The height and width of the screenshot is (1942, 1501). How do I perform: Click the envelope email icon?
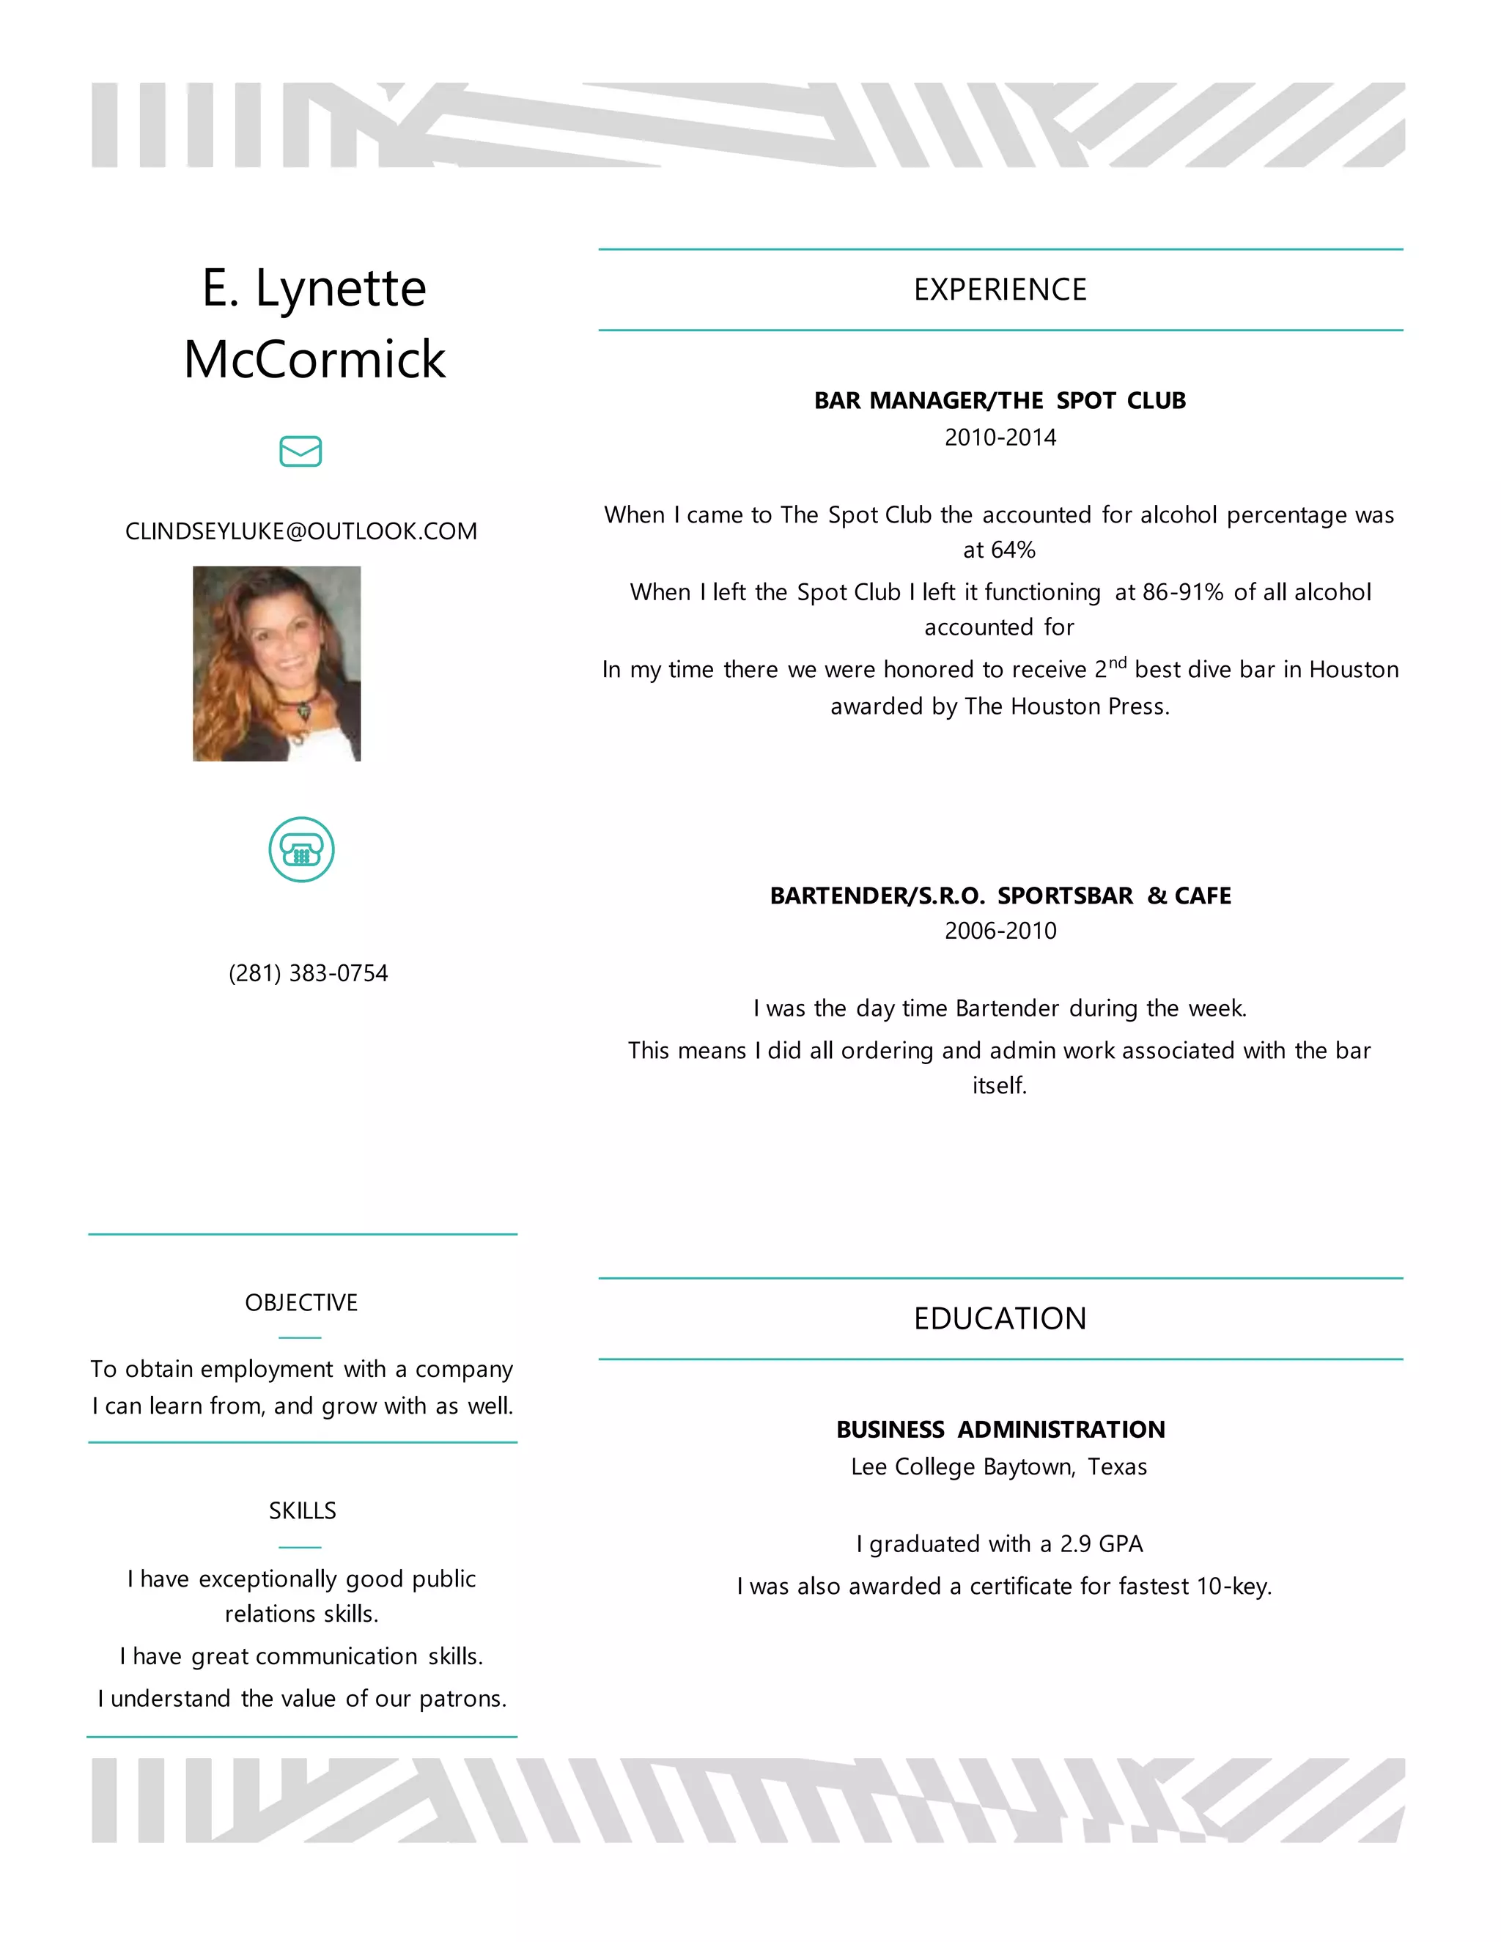[300, 451]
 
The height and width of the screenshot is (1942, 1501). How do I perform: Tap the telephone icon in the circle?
[301, 849]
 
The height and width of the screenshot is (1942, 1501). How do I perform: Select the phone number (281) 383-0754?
[308, 972]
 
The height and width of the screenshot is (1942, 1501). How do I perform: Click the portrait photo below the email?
[276, 663]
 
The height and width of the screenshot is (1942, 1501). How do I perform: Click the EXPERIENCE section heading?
[1000, 290]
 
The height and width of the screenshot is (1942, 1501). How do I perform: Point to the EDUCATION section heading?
[1000, 1318]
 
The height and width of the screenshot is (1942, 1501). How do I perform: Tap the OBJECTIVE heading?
[301, 1303]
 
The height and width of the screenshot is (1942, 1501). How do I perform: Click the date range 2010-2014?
[1000, 437]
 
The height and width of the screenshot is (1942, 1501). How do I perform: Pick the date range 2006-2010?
[1000, 931]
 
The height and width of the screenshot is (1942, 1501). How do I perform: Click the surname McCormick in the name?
[314, 359]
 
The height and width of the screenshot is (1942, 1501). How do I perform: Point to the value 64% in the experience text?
[1013, 550]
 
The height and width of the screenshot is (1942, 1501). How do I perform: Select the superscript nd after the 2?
[1118, 662]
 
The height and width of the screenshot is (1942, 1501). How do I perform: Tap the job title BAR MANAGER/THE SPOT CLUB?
[1000, 401]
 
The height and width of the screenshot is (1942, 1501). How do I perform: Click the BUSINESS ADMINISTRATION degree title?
[1000, 1429]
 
